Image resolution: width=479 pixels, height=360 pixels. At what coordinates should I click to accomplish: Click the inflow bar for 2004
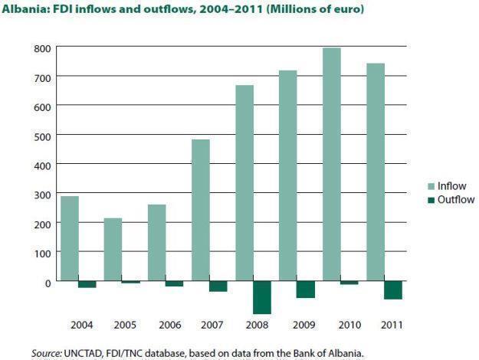tap(70, 238)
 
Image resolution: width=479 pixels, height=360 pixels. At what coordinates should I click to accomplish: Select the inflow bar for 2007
tap(200, 210)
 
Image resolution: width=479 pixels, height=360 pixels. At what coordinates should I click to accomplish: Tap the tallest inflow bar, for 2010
tap(332, 164)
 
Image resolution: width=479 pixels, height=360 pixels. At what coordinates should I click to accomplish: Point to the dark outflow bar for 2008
tap(262, 297)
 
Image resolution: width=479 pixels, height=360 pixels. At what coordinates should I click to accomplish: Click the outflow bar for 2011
tap(393, 290)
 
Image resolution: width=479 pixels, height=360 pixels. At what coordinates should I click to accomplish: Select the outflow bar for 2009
tap(306, 289)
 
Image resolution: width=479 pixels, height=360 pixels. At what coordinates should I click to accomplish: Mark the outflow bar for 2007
tap(218, 286)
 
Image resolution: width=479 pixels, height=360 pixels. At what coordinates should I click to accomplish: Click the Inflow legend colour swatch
tap(431, 186)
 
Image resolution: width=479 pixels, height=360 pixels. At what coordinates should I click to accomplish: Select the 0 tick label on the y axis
tap(48, 282)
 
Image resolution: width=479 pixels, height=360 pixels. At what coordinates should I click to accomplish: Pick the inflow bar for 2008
tap(244, 183)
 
